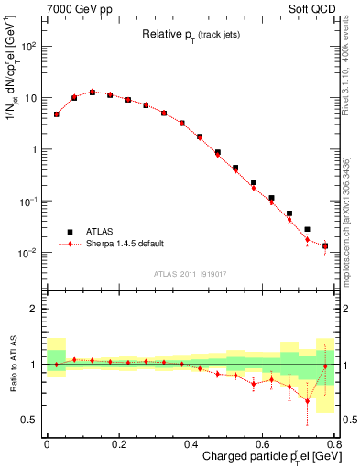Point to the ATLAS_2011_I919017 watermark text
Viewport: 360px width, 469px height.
click(x=191, y=272)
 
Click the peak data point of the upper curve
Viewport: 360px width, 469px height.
click(x=93, y=92)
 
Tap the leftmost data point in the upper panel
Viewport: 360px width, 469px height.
click(x=57, y=115)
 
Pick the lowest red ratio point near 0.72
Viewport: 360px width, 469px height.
click(x=307, y=400)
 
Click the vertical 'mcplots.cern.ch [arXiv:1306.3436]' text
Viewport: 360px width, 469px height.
click(x=352, y=229)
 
